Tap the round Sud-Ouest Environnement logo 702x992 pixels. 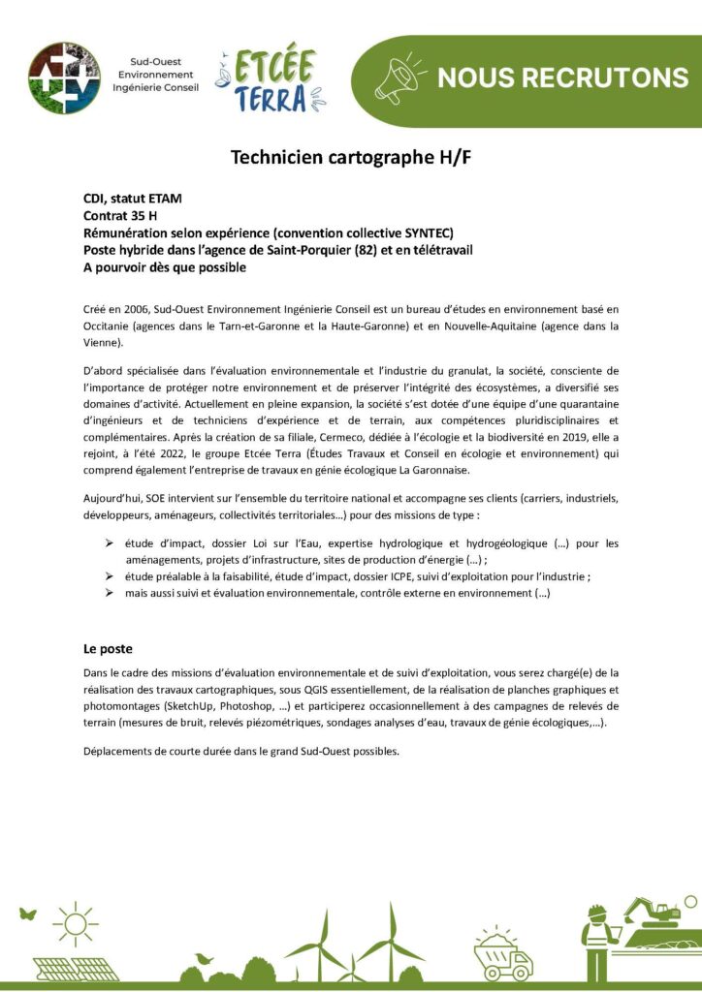coord(64,77)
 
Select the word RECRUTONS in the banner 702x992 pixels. coord(610,77)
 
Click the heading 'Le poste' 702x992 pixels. coord(108,648)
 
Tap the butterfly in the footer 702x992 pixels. coord(27,913)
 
